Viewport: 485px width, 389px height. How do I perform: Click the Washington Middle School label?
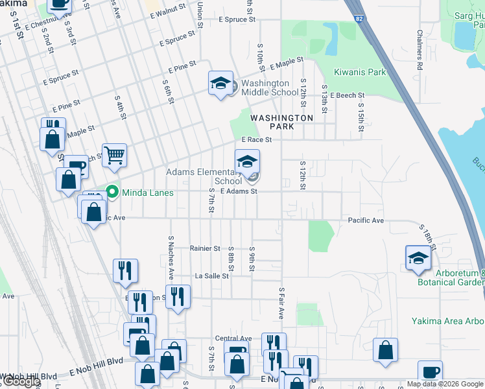270,88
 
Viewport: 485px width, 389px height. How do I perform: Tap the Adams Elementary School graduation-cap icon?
247,161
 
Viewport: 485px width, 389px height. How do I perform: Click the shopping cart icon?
114,156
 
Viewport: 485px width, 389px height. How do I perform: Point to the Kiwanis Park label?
360,72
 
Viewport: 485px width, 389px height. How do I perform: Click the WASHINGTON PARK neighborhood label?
281,122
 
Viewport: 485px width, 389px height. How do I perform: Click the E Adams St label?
239,191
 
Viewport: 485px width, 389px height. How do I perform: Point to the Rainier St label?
206,248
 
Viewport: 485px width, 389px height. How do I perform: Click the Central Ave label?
233,338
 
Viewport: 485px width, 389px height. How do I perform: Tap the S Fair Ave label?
281,303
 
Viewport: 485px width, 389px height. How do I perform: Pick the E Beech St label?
347,95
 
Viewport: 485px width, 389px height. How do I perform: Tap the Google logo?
21,381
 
